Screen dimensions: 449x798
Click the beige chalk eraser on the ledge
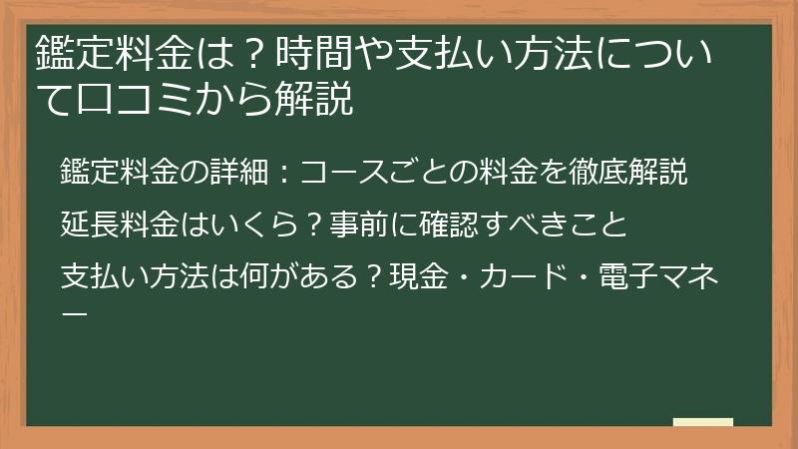(702, 423)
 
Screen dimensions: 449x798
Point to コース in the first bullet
(342, 174)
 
